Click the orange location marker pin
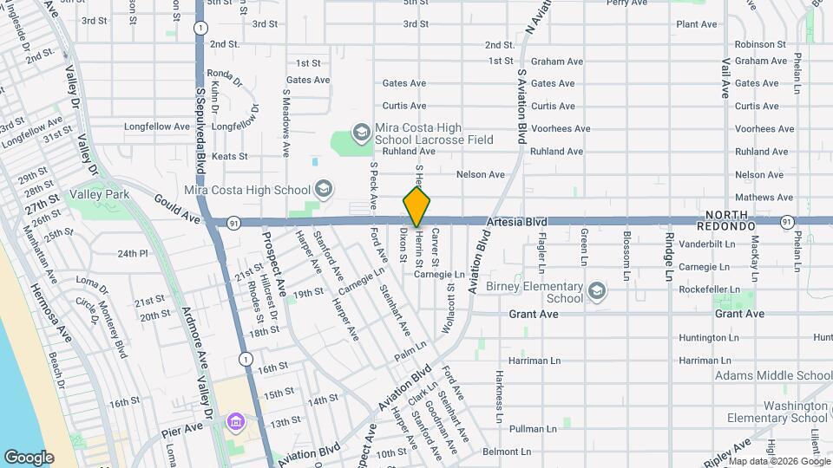pos(416,206)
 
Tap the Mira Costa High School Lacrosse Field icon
pos(361,133)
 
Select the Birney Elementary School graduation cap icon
pos(596,290)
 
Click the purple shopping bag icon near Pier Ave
pos(234,423)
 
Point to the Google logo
pos(29,458)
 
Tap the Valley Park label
pos(100,194)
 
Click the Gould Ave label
pos(177,204)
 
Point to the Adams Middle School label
pos(773,375)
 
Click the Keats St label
pos(229,157)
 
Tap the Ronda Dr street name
pos(221,73)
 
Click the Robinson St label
pos(759,44)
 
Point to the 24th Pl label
pos(133,254)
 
